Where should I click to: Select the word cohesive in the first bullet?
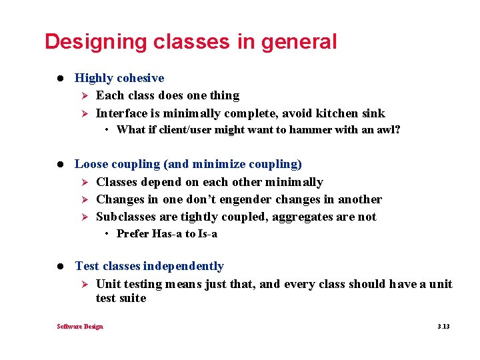(x=140, y=78)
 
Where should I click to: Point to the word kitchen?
(x=336, y=113)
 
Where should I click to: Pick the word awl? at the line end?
(x=388, y=129)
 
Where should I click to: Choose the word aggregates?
(x=299, y=217)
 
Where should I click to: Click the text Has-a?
(x=167, y=234)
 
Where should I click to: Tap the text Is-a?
(x=207, y=234)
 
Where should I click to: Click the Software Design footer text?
(x=80, y=326)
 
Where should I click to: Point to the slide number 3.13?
(x=443, y=326)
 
